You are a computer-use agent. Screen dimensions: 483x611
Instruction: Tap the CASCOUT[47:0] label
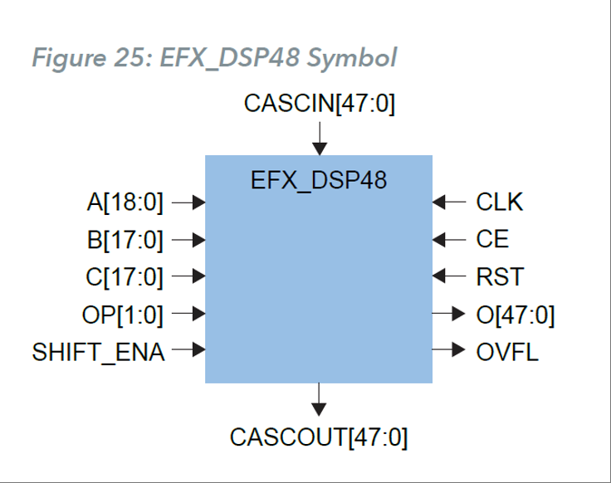click(x=319, y=437)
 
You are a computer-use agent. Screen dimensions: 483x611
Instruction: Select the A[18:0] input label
click(x=125, y=202)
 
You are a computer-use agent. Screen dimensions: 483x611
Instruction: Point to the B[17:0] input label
click(x=125, y=240)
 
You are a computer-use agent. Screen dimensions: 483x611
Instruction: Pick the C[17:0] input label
click(x=125, y=277)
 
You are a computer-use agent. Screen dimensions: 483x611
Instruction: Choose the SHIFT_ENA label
click(x=99, y=353)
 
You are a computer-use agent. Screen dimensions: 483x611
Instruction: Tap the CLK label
click(x=500, y=202)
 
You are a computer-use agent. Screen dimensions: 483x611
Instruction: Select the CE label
click(x=492, y=240)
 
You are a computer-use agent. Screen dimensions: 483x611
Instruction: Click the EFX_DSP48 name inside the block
click(x=319, y=179)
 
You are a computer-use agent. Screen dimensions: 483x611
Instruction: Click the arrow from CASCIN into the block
click(x=319, y=138)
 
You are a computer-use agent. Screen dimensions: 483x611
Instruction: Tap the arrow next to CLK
click(x=449, y=202)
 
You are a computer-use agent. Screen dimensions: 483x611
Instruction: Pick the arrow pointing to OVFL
click(x=449, y=353)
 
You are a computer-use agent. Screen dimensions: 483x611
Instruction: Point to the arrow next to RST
click(x=449, y=277)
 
